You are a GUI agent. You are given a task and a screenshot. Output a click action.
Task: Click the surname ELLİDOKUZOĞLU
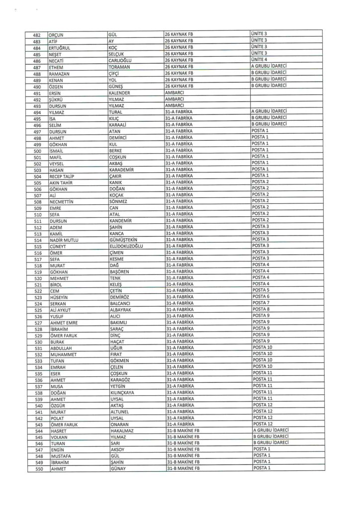127,246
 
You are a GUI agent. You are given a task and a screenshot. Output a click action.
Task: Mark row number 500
36,151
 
